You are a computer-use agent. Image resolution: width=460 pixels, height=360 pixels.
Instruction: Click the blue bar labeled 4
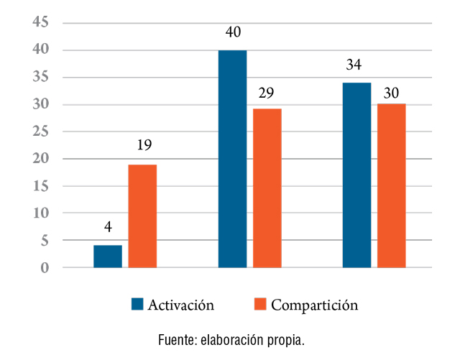tap(108, 257)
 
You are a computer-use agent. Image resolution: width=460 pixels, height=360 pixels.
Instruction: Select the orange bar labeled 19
tap(142, 216)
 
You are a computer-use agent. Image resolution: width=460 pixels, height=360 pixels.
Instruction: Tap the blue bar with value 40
tap(232, 159)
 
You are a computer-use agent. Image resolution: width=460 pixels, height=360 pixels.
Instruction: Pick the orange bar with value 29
tap(267, 188)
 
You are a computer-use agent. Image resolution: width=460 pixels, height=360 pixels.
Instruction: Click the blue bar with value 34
tap(356, 175)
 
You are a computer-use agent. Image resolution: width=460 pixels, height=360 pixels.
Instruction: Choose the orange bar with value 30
tap(392, 185)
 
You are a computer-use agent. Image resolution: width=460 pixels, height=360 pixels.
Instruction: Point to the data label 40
tap(232, 33)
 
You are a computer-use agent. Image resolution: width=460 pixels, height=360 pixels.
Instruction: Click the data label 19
tap(143, 147)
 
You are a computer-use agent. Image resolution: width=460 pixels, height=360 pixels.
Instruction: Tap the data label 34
tap(354, 65)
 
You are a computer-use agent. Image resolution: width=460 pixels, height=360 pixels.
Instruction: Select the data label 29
tap(267, 93)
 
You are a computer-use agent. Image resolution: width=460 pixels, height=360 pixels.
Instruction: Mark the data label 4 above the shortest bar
tap(108, 228)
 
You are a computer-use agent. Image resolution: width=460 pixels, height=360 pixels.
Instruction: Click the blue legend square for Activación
tap(137, 304)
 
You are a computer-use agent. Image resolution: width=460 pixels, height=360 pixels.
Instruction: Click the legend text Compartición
tap(314, 305)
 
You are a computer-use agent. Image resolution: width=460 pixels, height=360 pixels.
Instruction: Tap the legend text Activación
tap(181, 304)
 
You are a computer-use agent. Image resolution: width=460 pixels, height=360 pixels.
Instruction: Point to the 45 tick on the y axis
tap(40, 23)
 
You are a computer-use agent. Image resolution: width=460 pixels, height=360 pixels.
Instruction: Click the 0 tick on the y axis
tap(45, 268)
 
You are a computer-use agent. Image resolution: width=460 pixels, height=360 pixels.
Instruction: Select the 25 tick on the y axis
tap(40, 132)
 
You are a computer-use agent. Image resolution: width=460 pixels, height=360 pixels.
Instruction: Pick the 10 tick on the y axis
tap(40, 213)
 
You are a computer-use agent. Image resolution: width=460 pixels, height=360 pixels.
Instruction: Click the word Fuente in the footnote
tap(176, 339)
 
